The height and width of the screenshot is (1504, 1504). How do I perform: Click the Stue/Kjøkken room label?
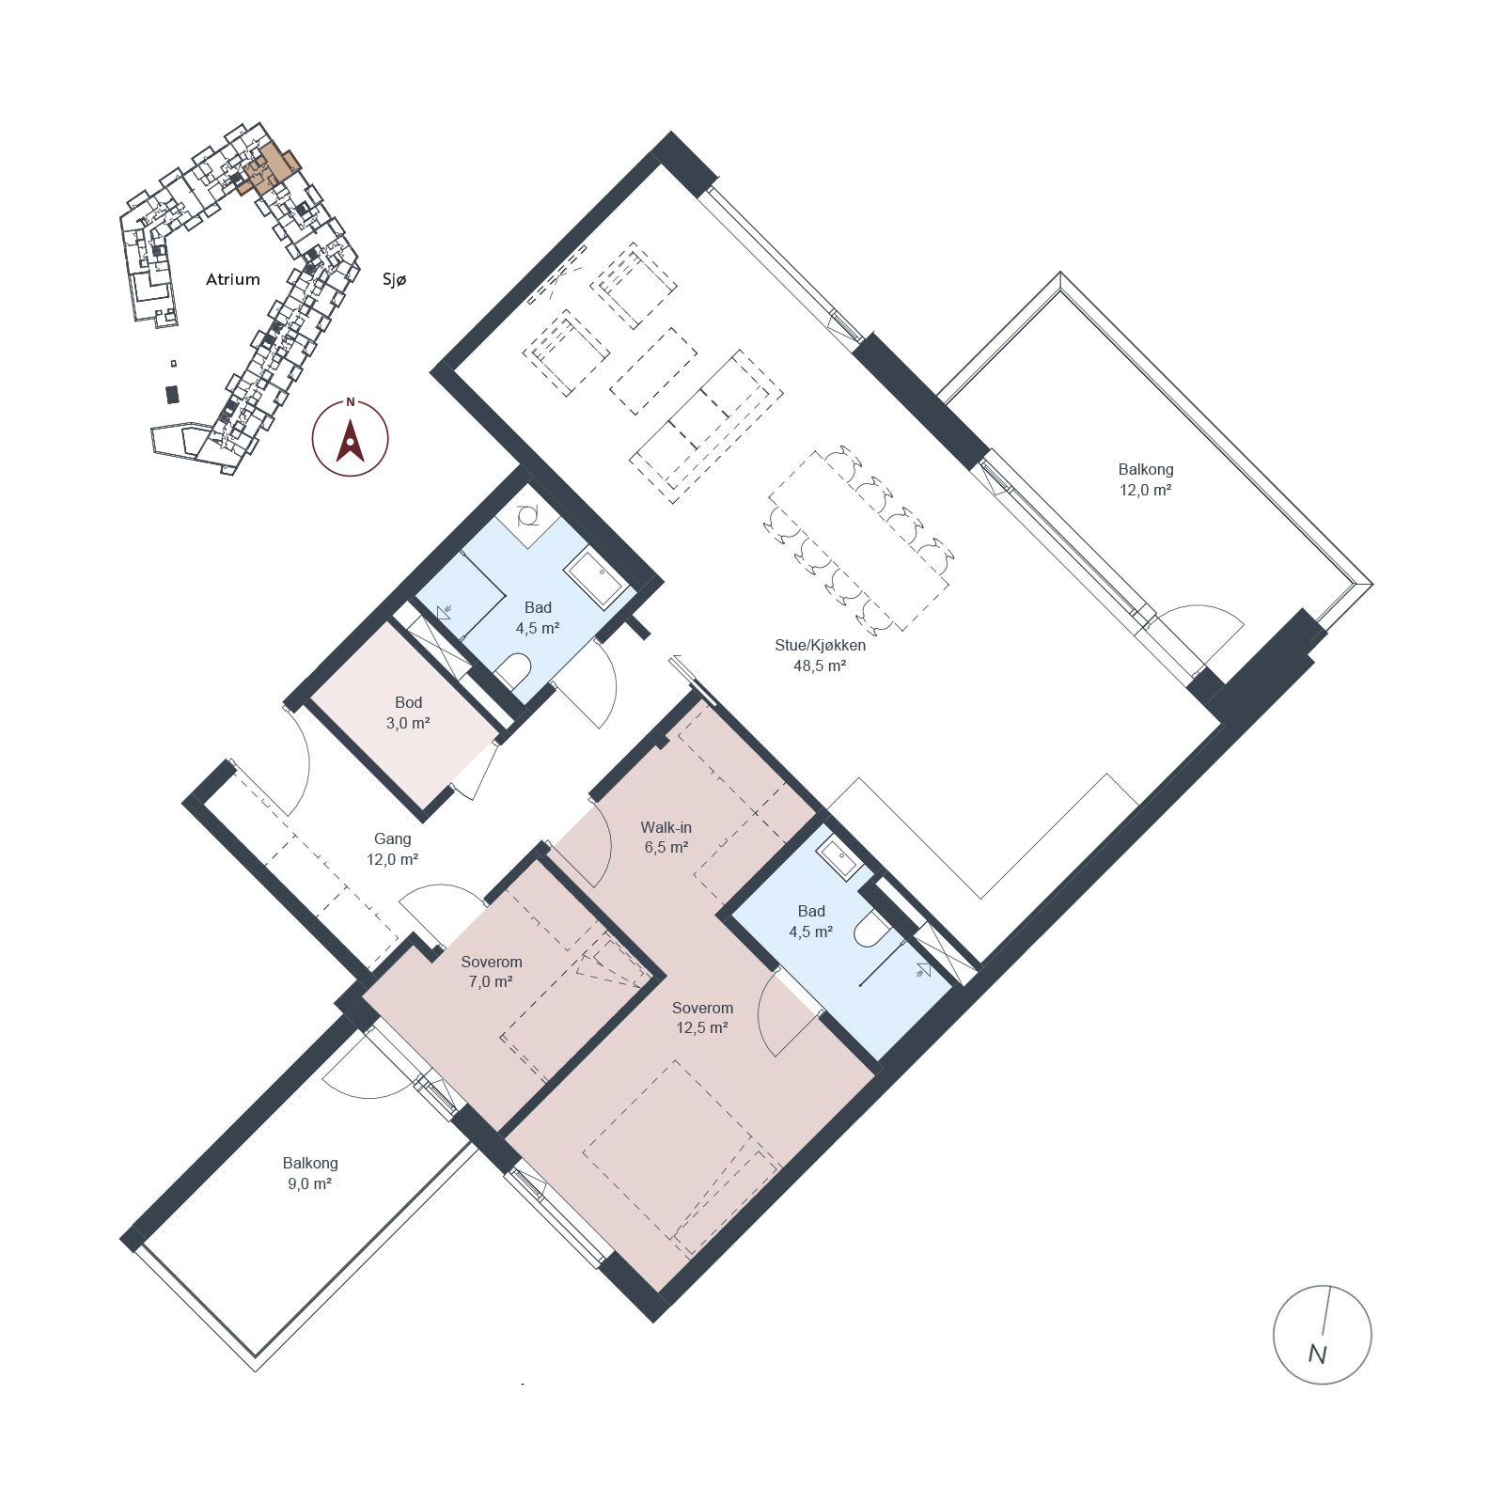coord(820,646)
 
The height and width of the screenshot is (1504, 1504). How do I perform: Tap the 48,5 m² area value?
coord(820,666)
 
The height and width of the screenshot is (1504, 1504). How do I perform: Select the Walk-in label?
coord(666,827)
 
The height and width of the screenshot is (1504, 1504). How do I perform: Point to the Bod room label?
coord(408,702)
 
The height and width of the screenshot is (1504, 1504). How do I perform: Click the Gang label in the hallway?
coord(392,839)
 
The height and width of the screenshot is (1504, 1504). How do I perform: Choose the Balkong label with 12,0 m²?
coord(1146,469)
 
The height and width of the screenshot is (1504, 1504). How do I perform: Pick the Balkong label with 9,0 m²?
coord(310,1164)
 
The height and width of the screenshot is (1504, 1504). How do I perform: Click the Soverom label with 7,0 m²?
coord(492,962)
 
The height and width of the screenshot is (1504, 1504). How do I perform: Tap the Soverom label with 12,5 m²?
coord(702,1008)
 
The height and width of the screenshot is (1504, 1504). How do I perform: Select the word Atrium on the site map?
coord(233,279)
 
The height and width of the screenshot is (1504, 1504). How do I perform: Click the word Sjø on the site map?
coord(395,279)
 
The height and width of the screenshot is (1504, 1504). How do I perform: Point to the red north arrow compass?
coord(351,438)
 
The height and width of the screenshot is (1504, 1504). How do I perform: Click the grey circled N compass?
coord(1322,1334)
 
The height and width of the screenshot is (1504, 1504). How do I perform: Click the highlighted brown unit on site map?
coord(267,169)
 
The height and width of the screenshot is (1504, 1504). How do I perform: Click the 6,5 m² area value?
coord(666,847)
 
